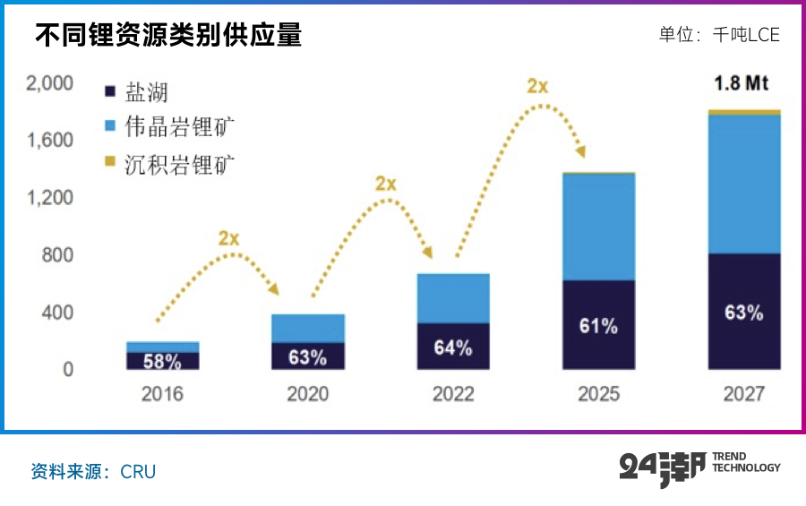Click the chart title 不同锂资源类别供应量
click(x=168, y=35)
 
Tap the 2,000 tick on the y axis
click(x=49, y=84)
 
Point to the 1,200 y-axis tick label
click(x=49, y=198)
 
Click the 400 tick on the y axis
click(x=56, y=313)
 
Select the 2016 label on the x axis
click(x=162, y=394)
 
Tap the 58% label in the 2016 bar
click(x=162, y=362)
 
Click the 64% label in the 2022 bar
click(x=452, y=347)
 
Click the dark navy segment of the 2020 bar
click(x=307, y=356)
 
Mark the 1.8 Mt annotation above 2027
click(x=742, y=84)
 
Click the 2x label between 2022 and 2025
click(x=537, y=86)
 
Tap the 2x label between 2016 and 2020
click(x=229, y=238)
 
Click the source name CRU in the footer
click(x=138, y=471)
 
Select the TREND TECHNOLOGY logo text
click(x=745, y=462)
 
